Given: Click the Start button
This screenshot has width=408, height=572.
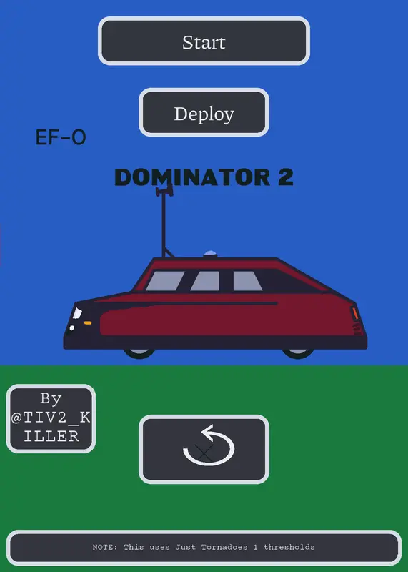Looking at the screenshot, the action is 204,41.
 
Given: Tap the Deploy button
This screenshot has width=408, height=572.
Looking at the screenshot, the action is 204,112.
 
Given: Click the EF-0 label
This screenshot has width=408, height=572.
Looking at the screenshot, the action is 61,137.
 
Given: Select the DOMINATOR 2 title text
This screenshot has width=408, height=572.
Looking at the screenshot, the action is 204,177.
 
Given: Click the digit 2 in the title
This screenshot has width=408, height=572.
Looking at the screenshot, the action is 286,177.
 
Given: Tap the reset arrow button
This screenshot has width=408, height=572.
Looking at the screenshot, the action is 204,449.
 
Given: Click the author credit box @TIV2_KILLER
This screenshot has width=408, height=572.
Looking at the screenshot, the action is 51,418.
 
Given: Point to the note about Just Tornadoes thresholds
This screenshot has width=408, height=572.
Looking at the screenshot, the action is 204,548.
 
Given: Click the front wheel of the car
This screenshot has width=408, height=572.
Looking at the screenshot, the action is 139,352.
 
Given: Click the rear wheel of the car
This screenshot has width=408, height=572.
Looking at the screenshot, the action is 298,352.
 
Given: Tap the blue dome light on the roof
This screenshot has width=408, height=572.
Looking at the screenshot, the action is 210,254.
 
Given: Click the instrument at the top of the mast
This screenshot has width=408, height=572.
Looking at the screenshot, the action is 164,189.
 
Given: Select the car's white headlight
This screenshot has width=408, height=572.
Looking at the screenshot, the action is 77,313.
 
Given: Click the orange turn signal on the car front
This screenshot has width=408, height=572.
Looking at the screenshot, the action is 87,323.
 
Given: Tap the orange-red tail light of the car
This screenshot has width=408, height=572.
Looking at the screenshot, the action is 354,313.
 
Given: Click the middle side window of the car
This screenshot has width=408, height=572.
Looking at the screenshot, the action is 205,281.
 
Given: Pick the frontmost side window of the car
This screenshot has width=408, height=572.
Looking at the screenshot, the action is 165,281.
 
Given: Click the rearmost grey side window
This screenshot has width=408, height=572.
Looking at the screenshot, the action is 247,281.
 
